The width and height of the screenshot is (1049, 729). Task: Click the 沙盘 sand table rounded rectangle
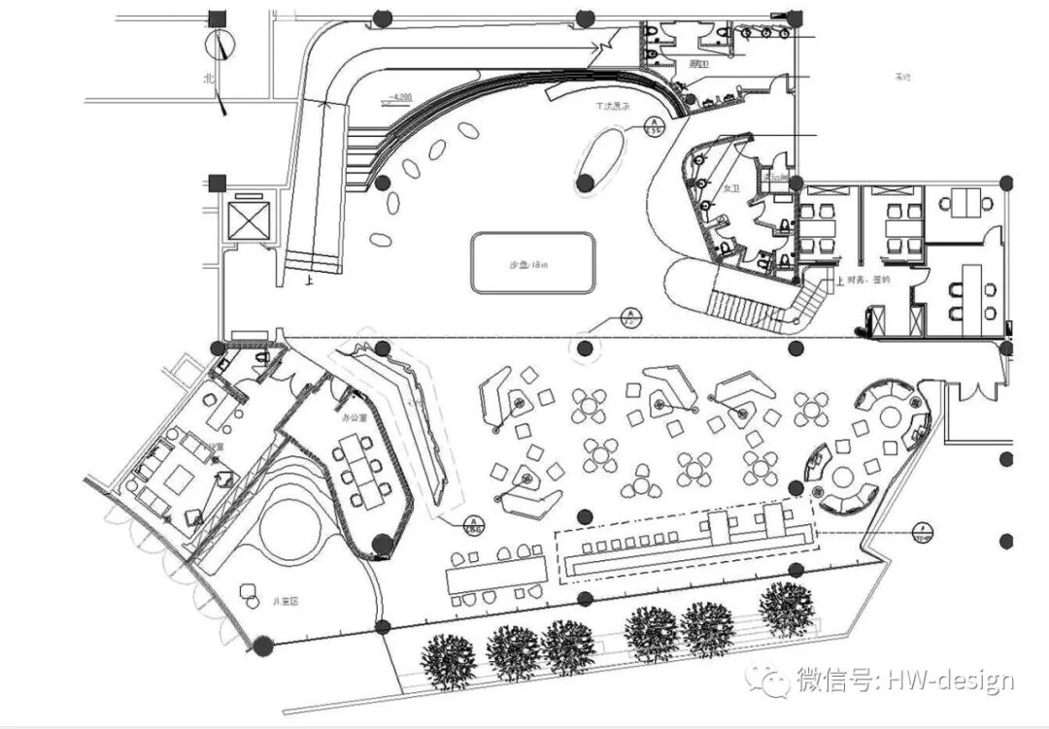pos(532,263)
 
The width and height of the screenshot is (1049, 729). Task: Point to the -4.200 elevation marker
pos(399,97)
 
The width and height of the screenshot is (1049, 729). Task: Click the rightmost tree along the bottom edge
pos(786,609)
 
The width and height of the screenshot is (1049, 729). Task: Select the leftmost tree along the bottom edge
pos(449,660)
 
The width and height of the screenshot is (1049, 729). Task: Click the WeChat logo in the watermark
pos(774,679)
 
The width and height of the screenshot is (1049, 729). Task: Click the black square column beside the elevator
pos(217,182)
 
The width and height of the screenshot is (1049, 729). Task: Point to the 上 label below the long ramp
pos(309,282)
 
